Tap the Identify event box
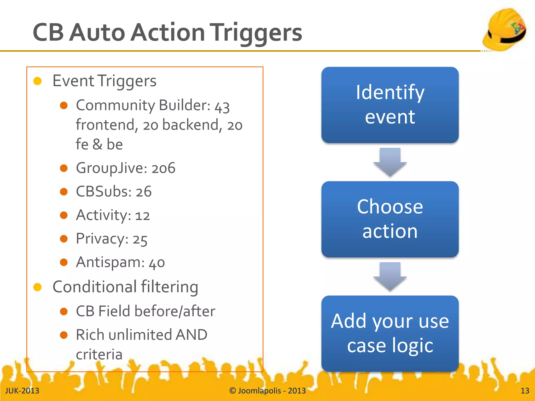point(390,105)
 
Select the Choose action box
point(390,219)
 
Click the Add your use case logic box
point(390,333)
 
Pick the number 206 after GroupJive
point(164,168)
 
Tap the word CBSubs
point(103,192)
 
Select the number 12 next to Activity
point(142,216)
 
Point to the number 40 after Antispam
point(157,263)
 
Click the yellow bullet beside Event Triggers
point(38,81)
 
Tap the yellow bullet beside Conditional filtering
point(38,287)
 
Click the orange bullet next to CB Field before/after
point(64,311)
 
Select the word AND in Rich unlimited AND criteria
point(191,335)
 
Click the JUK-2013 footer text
point(22,391)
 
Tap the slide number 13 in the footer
point(525,391)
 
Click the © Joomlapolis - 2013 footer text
point(267,391)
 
